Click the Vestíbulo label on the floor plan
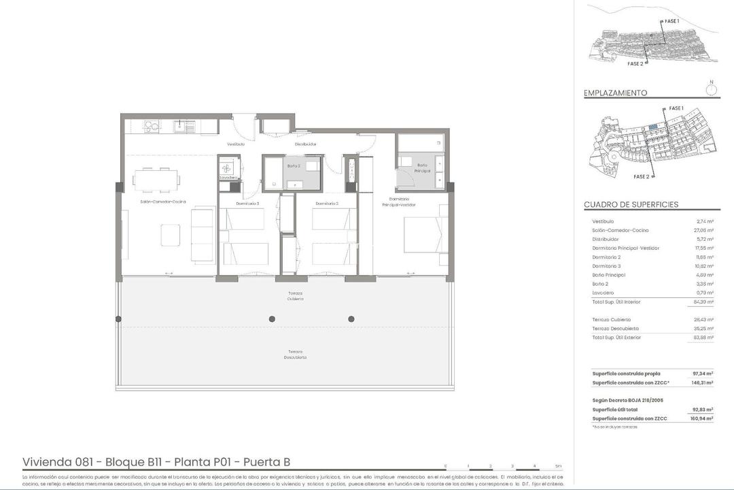pos(236,144)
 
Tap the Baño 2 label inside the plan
pos(294,166)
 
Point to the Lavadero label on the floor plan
pos(228,178)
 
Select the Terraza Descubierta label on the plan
pos(295,355)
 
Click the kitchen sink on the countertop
pos(181,126)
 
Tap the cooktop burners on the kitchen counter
pos(151,126)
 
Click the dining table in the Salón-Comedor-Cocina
pos(157,180)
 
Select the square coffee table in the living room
pos(171,235)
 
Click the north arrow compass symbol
pos(712,87)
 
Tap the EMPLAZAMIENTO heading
pos(615,93)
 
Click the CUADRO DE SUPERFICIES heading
pos(631,205)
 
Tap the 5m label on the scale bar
pos(558,466)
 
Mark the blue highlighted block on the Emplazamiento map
pos(652,127)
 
